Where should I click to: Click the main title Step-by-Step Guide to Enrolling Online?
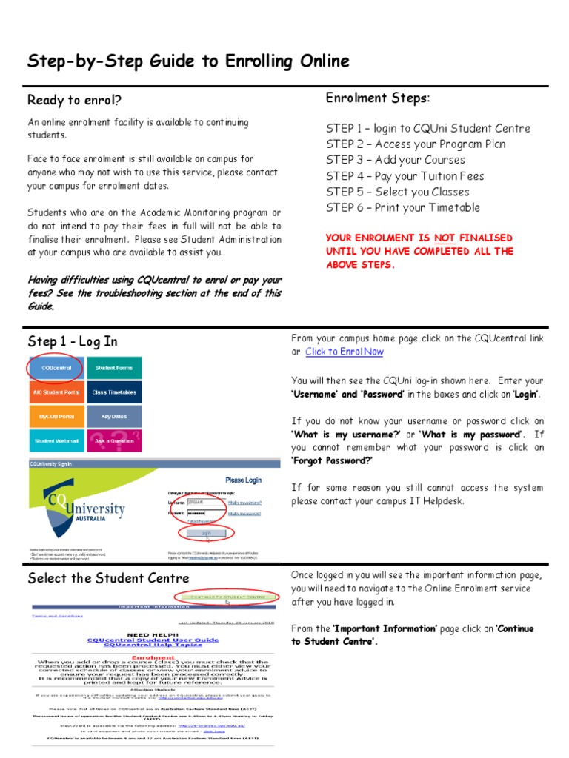point(188,61)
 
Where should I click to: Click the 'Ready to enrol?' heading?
point(74,100)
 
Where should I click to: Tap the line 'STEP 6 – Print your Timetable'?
point(403,208)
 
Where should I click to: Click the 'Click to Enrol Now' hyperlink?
point(345,352)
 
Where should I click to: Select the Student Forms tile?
point(114,367)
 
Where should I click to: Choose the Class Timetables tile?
point(114,392)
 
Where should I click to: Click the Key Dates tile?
point(114,417)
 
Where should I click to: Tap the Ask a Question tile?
point(114,442)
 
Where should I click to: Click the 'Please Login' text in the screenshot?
point(243,480)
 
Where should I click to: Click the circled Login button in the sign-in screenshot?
point(206,532)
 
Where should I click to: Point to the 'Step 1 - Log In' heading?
point(73,342)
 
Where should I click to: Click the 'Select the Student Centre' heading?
point(108,578)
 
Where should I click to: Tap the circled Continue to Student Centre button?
point(226,597)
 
